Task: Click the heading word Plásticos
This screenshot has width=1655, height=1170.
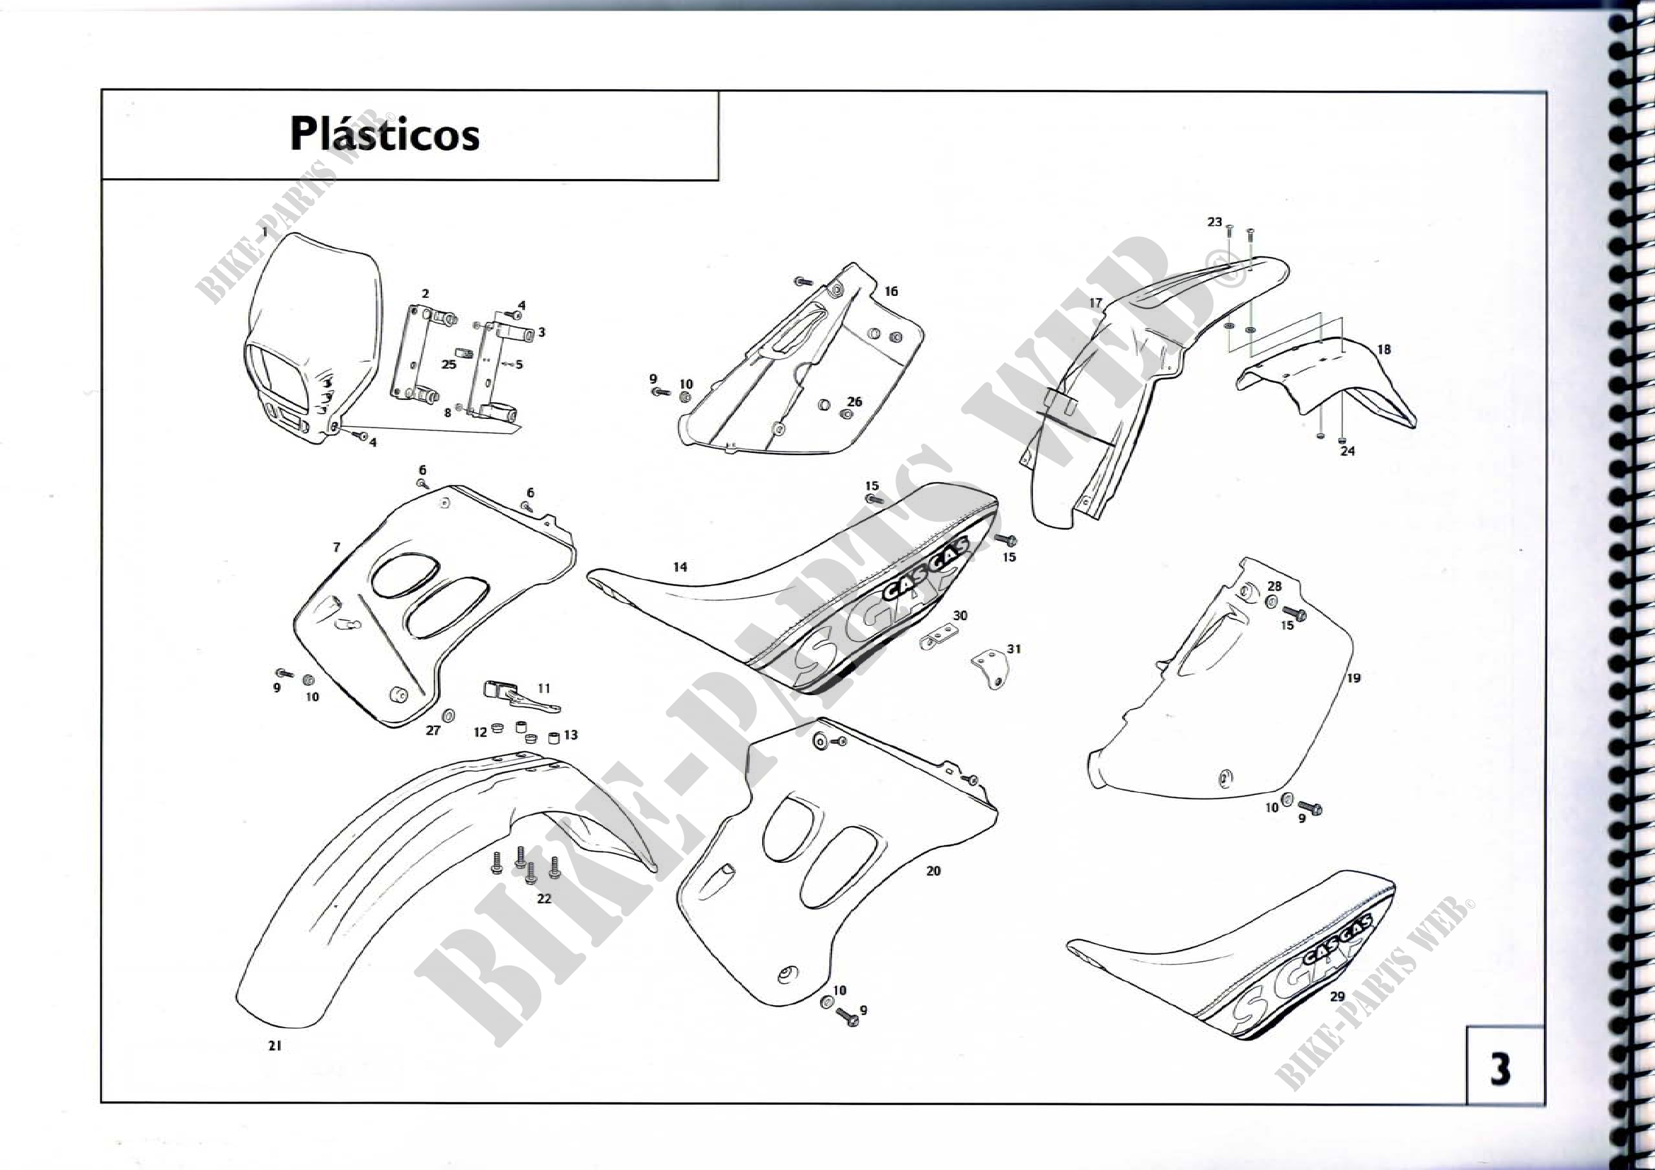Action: coord(384,134)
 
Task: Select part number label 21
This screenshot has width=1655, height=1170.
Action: coord(274,1046)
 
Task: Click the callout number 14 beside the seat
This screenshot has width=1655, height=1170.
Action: coord(680,568)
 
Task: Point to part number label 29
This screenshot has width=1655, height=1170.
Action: coord(1337,997)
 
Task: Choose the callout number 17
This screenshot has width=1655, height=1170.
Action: coord(1095,303)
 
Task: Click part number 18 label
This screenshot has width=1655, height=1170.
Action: coord(1383,350)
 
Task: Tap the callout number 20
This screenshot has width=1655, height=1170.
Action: coord(933,871)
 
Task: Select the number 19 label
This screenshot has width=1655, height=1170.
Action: coord(1353,677)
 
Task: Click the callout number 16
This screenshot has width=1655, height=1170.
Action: coord(891,291)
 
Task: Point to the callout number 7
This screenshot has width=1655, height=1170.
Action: coord(336,547)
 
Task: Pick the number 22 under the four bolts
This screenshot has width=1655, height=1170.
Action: coord(543,899)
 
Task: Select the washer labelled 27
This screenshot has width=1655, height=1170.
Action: coord(448,714)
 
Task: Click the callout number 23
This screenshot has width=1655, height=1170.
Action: coord(1215,222)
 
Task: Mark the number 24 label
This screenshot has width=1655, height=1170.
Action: coord(1347,452)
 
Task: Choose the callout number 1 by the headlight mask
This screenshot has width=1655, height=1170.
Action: coord(265,232)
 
